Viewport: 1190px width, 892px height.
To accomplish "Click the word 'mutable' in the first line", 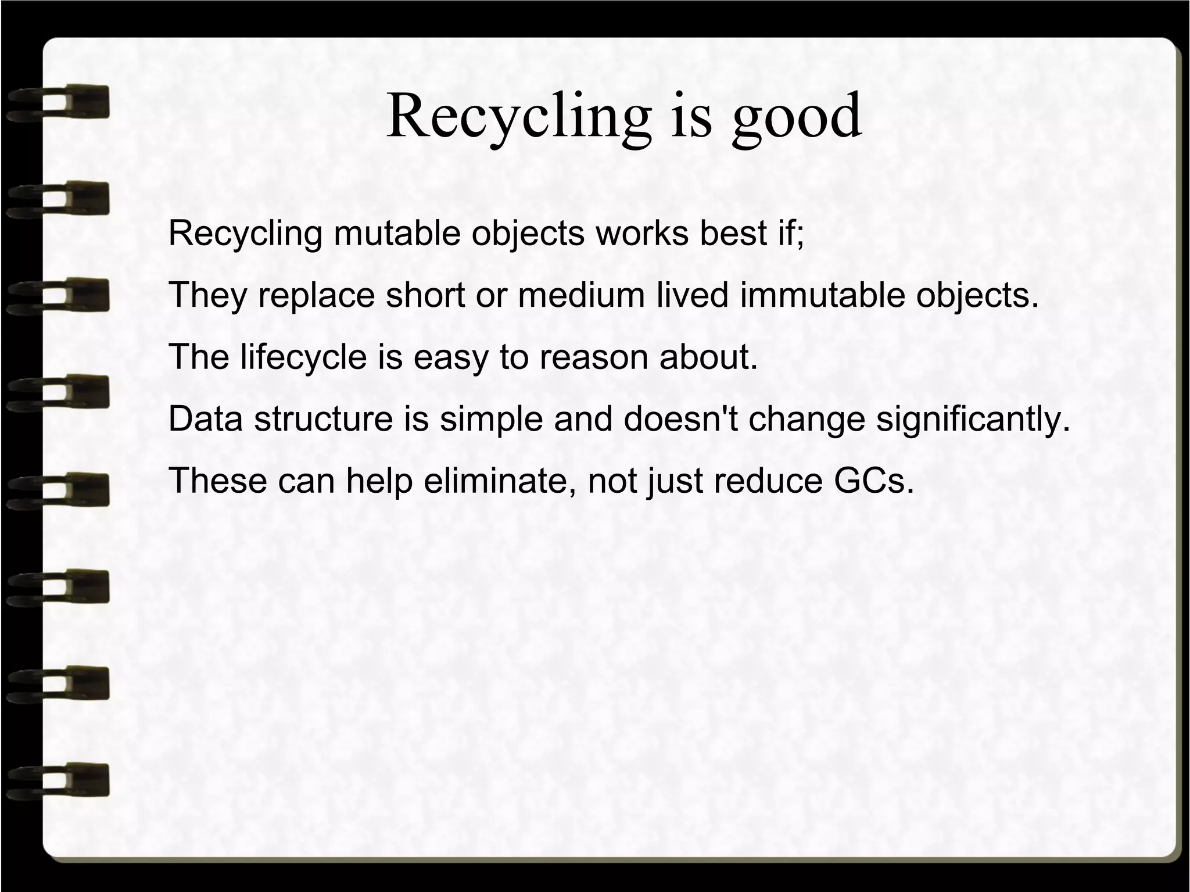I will coord(400,234).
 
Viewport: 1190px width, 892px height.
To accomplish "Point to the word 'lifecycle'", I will coord(304,357).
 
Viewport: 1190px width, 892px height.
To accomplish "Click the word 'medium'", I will coord(582,295).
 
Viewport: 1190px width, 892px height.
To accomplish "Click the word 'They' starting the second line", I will coord(207,295).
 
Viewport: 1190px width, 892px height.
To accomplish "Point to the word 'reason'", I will coord(593,357).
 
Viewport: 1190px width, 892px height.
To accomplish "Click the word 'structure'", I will coord(324,419).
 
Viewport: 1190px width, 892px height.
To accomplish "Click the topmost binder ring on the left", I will coord(58,102).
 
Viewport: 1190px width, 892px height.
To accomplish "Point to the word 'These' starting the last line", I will coord(218,481).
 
